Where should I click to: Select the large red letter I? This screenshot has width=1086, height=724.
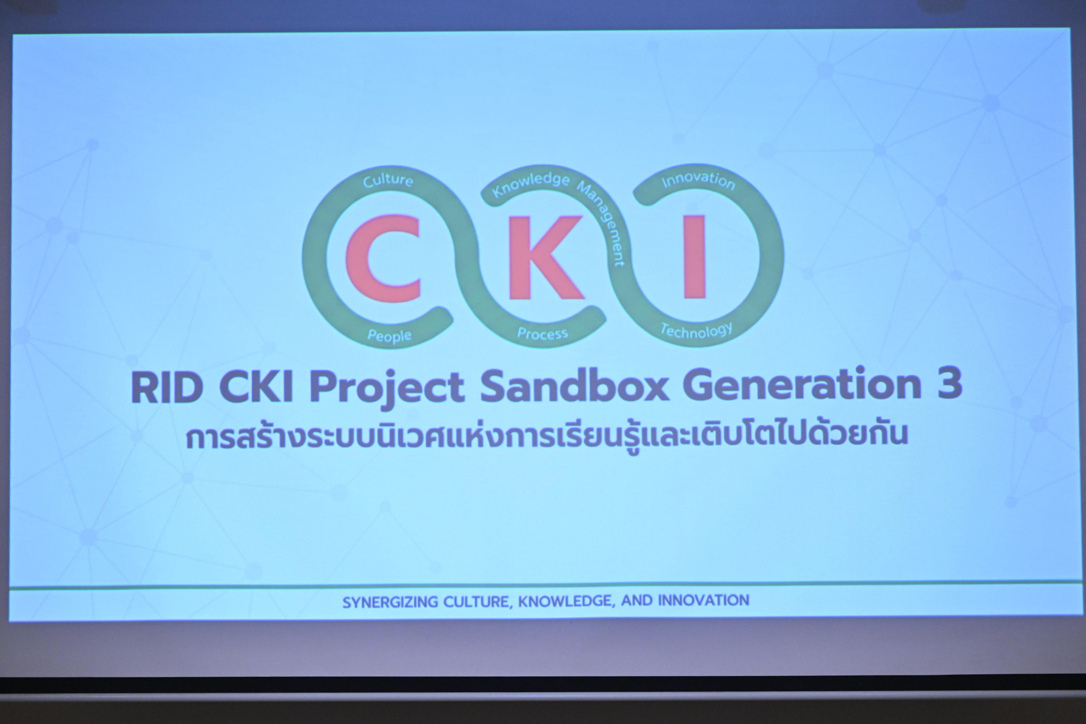[x=695, y=257]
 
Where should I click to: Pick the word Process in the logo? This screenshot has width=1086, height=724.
[x=542, y=333]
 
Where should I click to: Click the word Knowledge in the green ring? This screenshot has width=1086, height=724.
[x=531, y=185]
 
